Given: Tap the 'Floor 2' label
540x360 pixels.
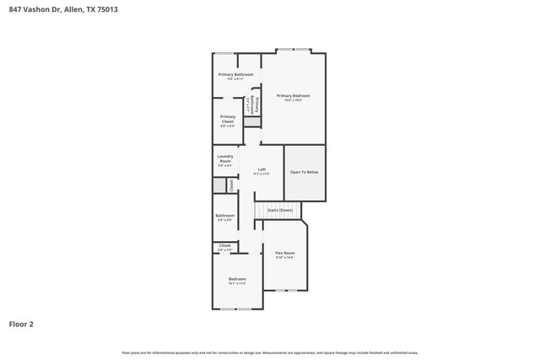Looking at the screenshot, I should click(21, 324).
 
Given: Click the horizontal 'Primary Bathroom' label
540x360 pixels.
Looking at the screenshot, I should click(235, 76).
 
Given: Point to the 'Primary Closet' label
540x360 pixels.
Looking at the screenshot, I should click(227, 119).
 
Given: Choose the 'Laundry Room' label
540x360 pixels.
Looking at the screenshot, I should click(224, 159).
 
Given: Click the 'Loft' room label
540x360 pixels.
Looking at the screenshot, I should click(262, 171).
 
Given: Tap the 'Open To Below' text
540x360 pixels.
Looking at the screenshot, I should click(304, 172).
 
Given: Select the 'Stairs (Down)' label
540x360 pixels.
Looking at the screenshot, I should click(279, 210).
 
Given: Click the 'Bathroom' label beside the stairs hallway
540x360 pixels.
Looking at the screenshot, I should click(224, 217).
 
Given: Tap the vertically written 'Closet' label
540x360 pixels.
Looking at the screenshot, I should click(231, 185).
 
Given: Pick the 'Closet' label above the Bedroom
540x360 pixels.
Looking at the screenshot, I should click(224, 247).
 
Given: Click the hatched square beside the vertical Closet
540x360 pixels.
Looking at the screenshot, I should click(219, 185).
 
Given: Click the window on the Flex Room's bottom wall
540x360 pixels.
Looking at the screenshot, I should click(286, 290).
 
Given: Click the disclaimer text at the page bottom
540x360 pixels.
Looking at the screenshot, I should click(270, 352).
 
